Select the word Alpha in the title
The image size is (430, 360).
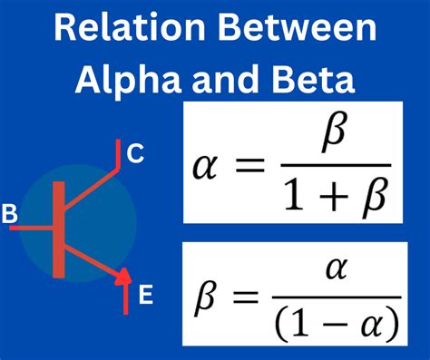[120, 82]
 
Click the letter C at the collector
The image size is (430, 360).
[135, 155]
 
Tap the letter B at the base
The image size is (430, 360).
[10, 215]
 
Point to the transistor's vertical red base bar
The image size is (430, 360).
[59, 229]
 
